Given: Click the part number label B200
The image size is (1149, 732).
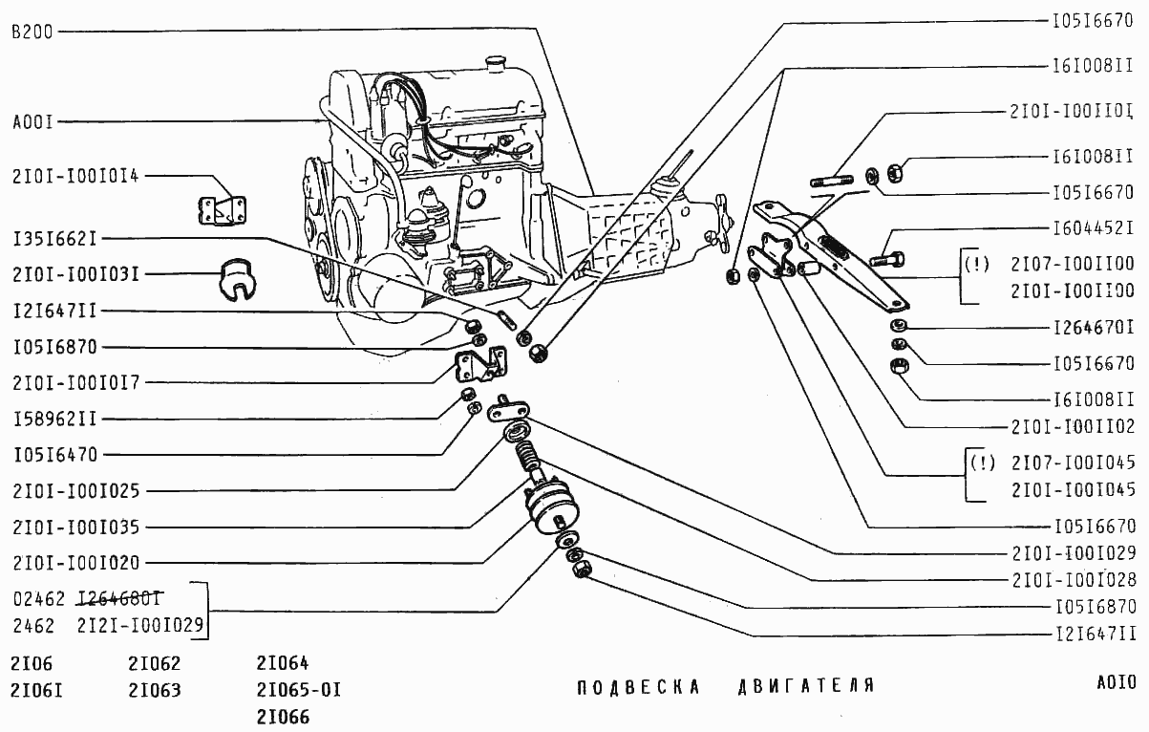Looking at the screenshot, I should click(x=33, y=32).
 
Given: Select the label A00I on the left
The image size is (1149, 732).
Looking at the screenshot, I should click(x=33, y=122).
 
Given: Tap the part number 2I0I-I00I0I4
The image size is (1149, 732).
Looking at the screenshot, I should click(x=76, y=176).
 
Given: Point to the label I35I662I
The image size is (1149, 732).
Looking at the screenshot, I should click(x=55, y=238).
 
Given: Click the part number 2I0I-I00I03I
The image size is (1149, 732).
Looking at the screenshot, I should click(x=76, y=274).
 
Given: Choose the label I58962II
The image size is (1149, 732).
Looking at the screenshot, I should click(x=55, y=419).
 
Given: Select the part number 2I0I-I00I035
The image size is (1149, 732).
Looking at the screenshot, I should click(x=76, y=527).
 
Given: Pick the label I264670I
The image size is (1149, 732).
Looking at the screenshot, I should click(x=1093, y=328).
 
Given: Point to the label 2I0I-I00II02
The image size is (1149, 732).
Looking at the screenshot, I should click(x=1072, y=427).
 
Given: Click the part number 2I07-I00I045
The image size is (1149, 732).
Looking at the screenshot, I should click(x=1072, y=463).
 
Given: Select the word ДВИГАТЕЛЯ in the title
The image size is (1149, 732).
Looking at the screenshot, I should click(x=806, y=686).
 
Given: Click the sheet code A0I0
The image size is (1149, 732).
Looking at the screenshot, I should click(x=1116, y=682).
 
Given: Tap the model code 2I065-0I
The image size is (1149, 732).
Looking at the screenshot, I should click(x=298, y=690).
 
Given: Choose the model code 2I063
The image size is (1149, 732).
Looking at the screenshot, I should click(x=154, y=690).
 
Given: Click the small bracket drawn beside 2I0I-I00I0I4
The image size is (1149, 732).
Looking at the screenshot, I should click(x=222, y=210).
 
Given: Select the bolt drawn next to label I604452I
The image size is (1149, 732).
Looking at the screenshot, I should click(x=889, y=257).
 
